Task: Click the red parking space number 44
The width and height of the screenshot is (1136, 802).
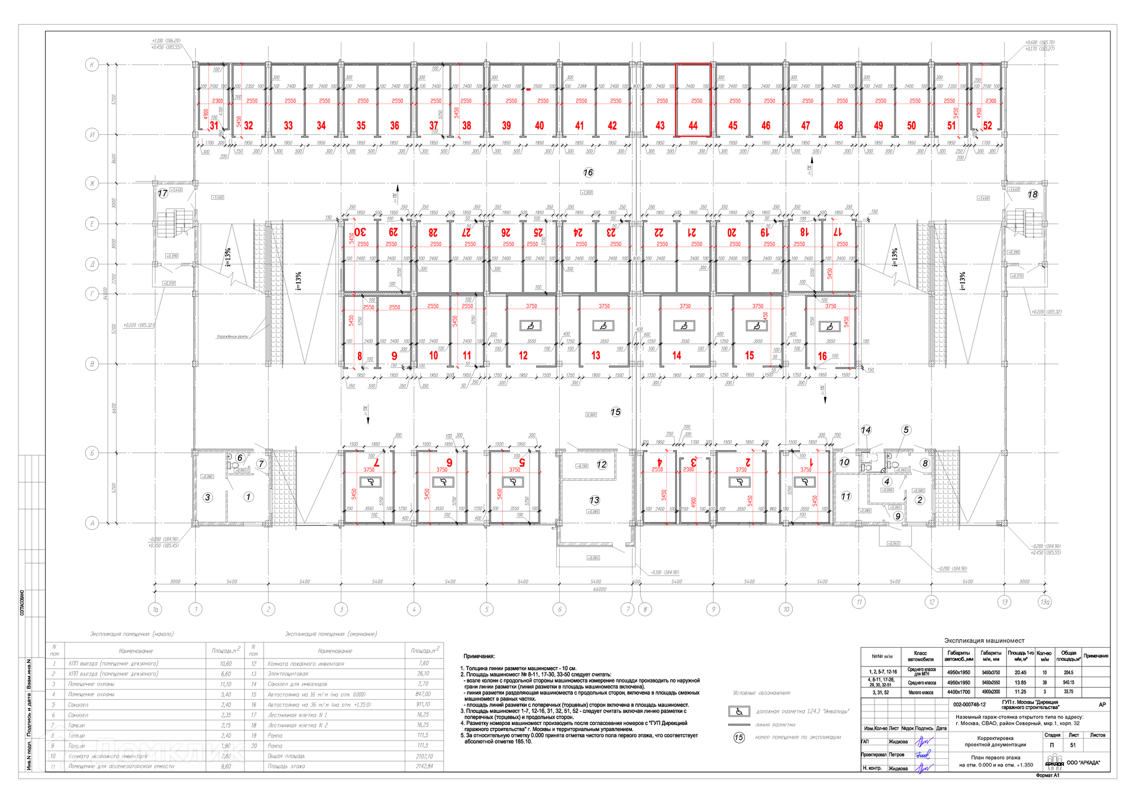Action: coord(693,125)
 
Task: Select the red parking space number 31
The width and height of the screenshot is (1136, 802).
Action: coord(214,125)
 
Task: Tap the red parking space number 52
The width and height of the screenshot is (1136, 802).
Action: coord(987,125)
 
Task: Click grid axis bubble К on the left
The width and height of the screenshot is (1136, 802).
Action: coord(92,64)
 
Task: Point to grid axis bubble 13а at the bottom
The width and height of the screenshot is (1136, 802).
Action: coord(1045,602)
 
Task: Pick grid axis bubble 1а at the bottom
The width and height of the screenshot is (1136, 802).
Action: coord(156,609)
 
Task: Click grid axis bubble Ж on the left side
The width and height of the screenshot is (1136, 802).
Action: coord(92,183)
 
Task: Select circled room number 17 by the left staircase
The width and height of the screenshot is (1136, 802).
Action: coord(163,193)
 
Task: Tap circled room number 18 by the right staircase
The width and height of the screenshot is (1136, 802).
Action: coord(1032,194)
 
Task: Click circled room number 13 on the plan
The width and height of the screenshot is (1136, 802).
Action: coord(594,500)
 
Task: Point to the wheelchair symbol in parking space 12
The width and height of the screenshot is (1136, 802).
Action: coord(531,325)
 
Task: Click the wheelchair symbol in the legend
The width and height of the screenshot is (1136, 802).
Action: coord(739,712)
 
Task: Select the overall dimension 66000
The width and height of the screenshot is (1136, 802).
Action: coord(599,589)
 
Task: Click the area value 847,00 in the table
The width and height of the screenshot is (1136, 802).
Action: coord(423,694)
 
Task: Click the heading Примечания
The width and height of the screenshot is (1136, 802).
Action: coord(479,656)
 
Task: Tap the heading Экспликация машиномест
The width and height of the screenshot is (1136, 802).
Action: coord(984,641)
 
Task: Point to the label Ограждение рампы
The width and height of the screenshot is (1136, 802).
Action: coord(232,337)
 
